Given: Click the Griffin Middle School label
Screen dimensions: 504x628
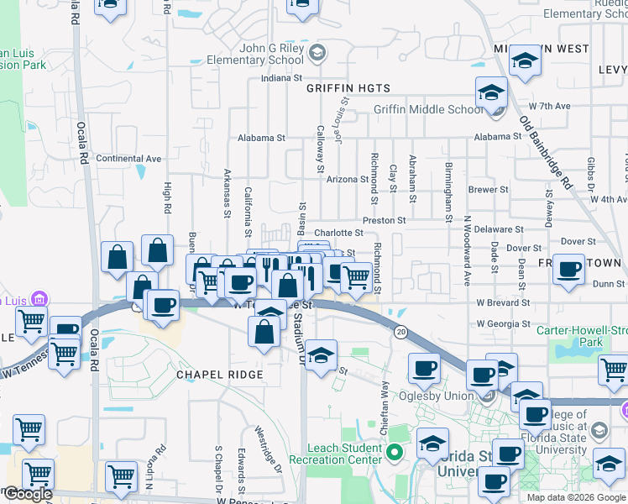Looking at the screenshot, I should pyautogui.click(x=428, y=109).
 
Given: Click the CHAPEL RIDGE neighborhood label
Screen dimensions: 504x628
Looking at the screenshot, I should pyautogui.click(x=219, y=374).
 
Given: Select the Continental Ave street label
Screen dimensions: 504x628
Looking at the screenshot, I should pyautogui.click(x=128, y=158).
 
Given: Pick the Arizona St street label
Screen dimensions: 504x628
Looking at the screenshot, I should pyautogui.click(x=348, y=179).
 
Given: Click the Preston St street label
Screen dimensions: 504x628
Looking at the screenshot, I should pyautogui.click(x=385, y=220).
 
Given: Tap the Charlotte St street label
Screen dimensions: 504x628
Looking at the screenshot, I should pyautogui.click(x=338, y=233).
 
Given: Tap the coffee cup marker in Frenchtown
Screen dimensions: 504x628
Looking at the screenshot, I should pyautogui.click(x=569, y=270).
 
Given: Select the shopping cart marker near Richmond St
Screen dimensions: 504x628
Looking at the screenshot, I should pyautogui.click(x=357, y=276).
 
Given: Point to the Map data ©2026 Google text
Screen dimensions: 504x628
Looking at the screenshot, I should pyautogui.click(x=575, y=497).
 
